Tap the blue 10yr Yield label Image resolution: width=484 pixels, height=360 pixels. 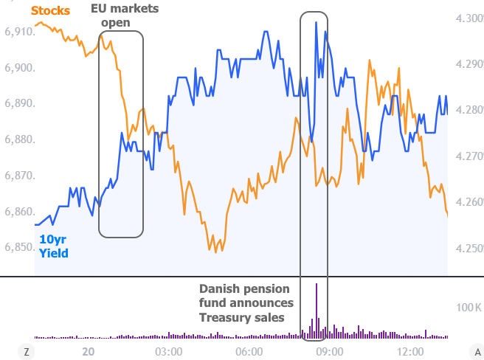coord(54,246)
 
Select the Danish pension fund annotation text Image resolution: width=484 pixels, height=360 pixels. coord(246,303)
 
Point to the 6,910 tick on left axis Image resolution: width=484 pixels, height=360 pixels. coord(19,32)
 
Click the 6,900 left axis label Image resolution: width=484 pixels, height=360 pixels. coord(19,69)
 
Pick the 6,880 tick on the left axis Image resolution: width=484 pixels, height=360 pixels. coord(19,140)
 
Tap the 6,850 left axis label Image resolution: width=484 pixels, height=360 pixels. coord(19,247)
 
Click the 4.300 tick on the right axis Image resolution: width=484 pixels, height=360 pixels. coord(469,18)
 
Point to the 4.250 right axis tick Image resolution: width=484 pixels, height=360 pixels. coord(469,249)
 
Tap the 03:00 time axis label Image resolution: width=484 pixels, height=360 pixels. coord(169,351)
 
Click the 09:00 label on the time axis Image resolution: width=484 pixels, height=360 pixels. coord(330,351)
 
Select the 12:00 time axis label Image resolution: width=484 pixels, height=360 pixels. coord(410,351)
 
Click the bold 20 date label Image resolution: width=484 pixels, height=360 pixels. coord(89,351)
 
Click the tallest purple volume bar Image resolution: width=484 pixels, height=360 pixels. coord(316,310)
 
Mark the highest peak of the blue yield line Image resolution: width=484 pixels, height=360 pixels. coord(316,23)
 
